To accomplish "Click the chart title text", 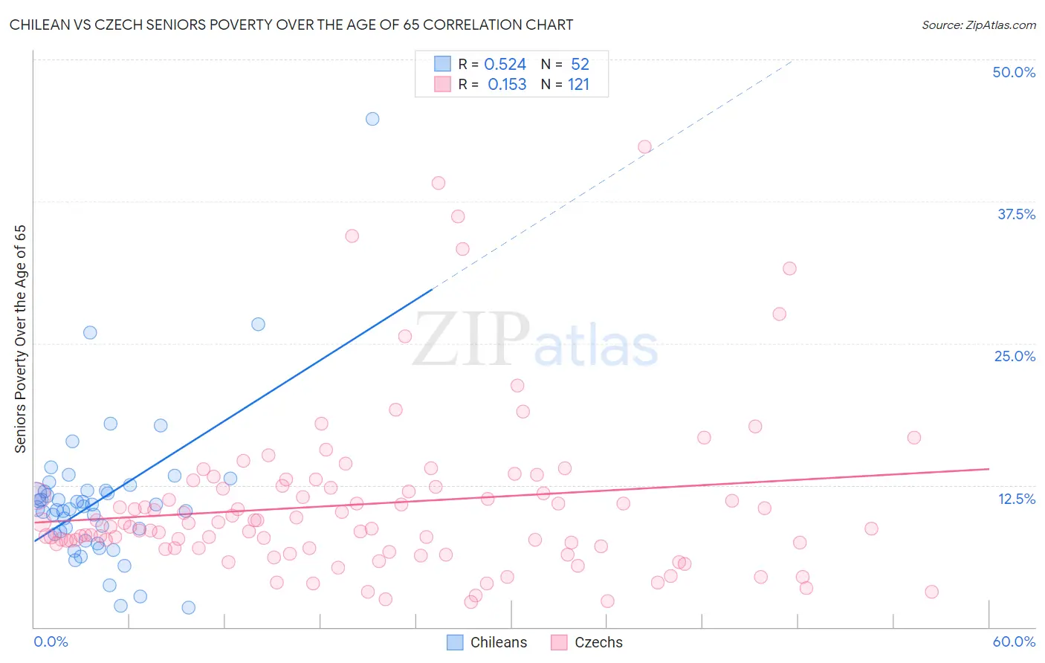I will pos(291,25).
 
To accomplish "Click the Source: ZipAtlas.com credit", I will pos(978,25).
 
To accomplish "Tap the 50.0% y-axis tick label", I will pos(1014,72).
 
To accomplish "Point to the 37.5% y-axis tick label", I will pos(1016,214).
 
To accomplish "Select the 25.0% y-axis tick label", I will pos(1015,356).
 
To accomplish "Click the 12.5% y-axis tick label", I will pos(1016,498).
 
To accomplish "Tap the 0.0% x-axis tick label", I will pos(51,641).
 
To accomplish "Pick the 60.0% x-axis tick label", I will pos(1014,641).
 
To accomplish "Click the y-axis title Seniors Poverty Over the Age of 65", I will pos(21,339).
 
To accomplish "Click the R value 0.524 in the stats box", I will pos(505,65).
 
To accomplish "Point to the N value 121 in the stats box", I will pos(578,85).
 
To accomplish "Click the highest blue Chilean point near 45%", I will pos(372,119).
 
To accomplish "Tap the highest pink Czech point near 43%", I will pos(644,147).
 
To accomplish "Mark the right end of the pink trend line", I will pos(989,469).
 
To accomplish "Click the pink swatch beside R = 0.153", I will pos(442,84).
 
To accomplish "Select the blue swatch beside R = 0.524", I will pos(442,64).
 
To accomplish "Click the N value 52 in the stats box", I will pos(580,65).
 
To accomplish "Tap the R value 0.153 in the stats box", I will pos(507,85).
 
